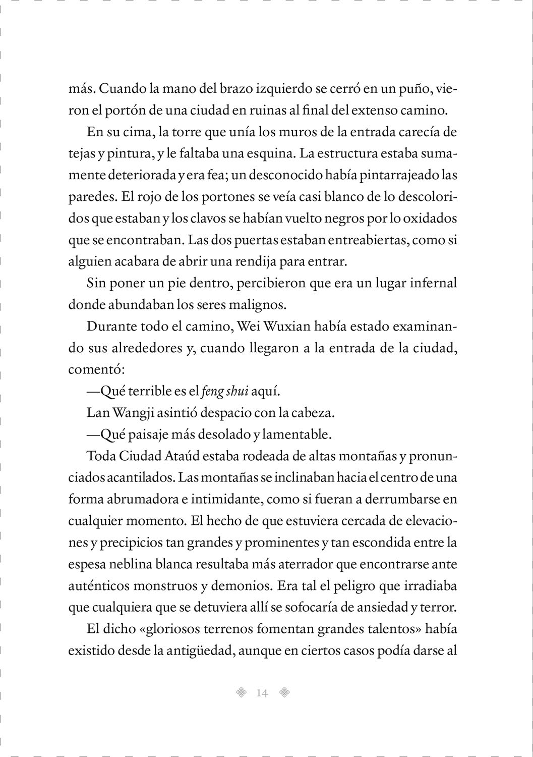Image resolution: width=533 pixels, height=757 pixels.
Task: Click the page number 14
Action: point(262,693)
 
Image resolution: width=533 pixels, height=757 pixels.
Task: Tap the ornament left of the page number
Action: point(242,693)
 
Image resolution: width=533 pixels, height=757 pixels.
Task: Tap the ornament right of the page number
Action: point(285,693)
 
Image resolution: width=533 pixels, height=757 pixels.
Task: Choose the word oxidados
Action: point(429,219)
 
